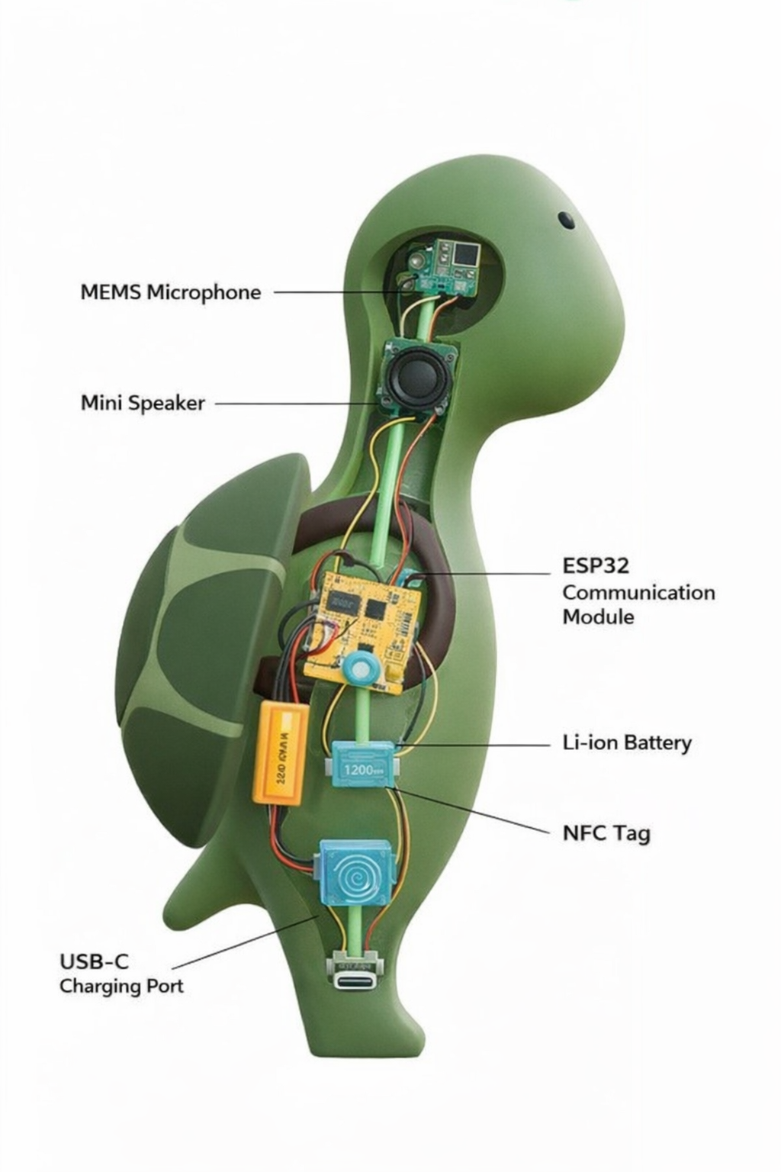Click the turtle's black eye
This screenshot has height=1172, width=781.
tap(566, 220)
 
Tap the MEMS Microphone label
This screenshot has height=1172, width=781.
tap(170, 292)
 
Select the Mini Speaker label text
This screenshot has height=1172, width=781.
tap(143, 403)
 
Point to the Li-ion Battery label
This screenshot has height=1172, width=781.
tap(627, 742)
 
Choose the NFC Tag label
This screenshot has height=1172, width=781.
tap(606, 832)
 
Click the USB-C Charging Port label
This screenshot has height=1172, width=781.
tap(121, 973)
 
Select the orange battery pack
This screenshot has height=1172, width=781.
tap(280, 752)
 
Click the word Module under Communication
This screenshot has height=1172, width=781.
tap(598, 617)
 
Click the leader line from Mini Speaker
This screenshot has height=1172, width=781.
tap(297, 403)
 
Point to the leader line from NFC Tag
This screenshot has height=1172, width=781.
tap(473, 810)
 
